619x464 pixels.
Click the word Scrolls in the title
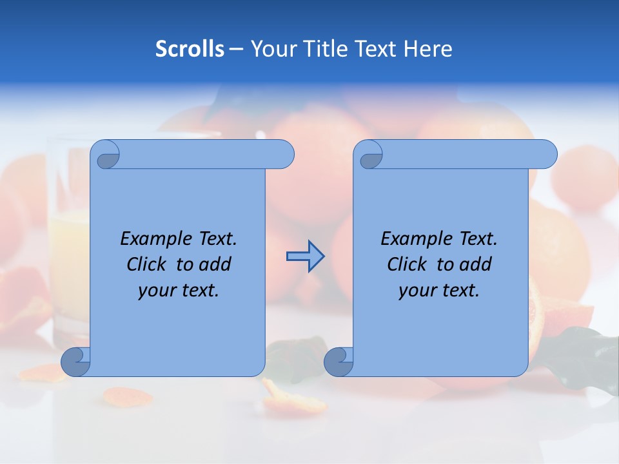190,49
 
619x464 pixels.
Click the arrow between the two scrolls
305,256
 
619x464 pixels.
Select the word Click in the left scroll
148,264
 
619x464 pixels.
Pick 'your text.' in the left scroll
179,291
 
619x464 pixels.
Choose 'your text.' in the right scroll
439,291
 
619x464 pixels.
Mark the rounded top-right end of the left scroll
284,155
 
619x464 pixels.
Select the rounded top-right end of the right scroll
547,155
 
